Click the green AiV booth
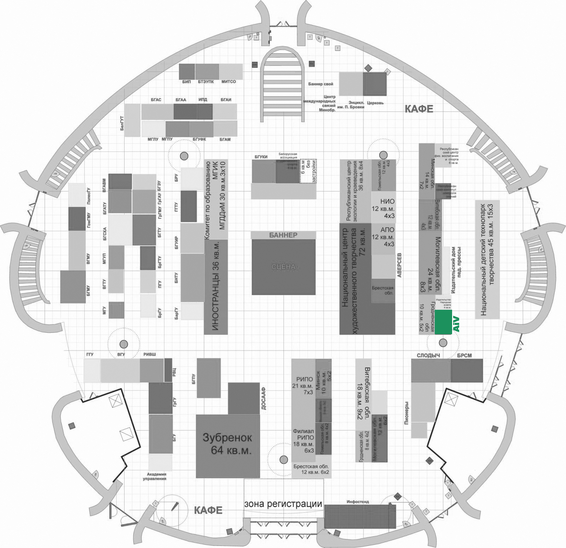pos(443,322)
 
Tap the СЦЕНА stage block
pos(283,267)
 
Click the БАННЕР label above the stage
pos(283,235)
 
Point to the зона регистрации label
pos(283,503)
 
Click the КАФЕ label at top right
pos(419,109)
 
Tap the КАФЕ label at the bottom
pos(208,510)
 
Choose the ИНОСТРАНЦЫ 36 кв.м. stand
pos(216,287)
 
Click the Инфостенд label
pos(358,502)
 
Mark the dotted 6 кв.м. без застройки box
pos(308,171)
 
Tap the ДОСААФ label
pos(264,399)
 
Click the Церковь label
pos(375,103)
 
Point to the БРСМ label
pos(464,355)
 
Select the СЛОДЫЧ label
pos(428,355)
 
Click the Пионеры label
pos(406,413)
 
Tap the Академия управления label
pos(155,476)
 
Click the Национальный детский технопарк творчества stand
pos(487,259)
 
